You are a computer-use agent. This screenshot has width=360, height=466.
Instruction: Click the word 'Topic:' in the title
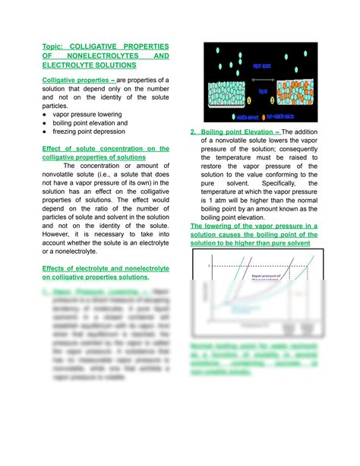coord(53,47)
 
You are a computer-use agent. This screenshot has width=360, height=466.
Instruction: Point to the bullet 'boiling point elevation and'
coord(90,122)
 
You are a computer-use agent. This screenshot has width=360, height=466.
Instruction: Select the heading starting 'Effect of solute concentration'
coord(106,148)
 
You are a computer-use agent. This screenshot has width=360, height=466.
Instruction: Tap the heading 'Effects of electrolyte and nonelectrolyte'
coord(106,268)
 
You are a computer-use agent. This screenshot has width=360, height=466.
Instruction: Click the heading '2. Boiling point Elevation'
coord(230,132)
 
